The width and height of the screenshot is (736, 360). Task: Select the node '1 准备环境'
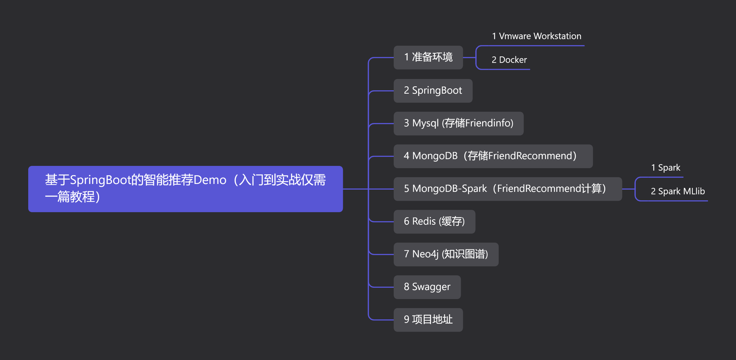428,58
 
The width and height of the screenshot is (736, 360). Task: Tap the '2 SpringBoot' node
433,91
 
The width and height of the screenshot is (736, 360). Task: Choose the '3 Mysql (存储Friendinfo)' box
458,123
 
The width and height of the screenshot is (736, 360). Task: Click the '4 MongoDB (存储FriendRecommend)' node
493,156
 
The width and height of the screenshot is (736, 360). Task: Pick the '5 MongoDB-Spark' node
507,189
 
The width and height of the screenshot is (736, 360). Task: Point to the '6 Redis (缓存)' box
434,222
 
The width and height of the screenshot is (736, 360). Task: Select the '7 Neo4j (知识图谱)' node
446,254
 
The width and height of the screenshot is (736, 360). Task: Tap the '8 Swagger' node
427,287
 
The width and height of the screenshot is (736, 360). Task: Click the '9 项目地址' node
428,320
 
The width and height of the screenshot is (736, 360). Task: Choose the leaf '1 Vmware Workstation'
536,36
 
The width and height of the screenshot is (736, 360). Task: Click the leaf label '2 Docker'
509,60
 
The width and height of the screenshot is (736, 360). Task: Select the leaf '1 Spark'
665,168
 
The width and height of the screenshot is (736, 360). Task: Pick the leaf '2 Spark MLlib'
677,192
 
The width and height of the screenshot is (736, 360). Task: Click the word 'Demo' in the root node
210,180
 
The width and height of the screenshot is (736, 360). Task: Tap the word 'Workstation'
557,36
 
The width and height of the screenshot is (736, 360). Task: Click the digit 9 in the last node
406,319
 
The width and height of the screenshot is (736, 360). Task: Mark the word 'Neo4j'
425,254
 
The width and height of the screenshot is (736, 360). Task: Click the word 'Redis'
424,221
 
